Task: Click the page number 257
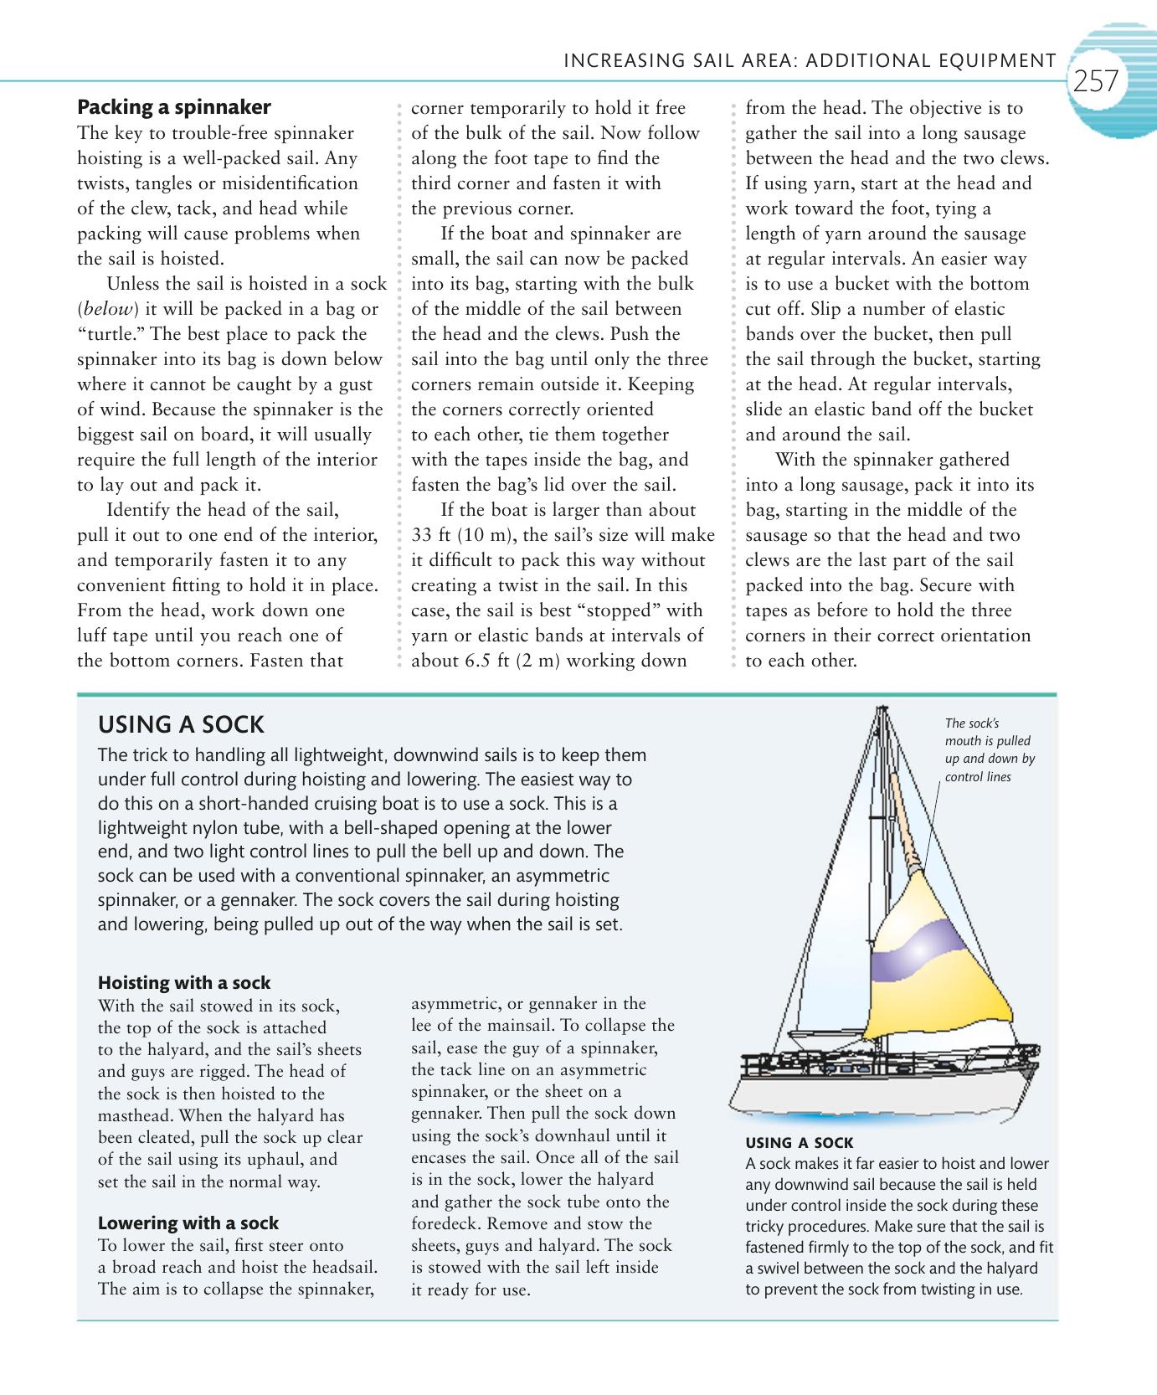[x=1096, y=81]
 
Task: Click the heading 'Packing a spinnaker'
[x=174, y=107]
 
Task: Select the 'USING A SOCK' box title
[x=181, y=724]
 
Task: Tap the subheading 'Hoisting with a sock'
[x=184, y=982]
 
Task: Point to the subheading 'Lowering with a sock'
[x=188, y=1223]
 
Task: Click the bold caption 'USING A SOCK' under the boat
[x=799, y=1143]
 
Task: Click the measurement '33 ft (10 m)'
[x=461, y=535]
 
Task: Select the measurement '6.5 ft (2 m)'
[x=511, y=661]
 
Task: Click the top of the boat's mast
[x=881, y=710]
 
